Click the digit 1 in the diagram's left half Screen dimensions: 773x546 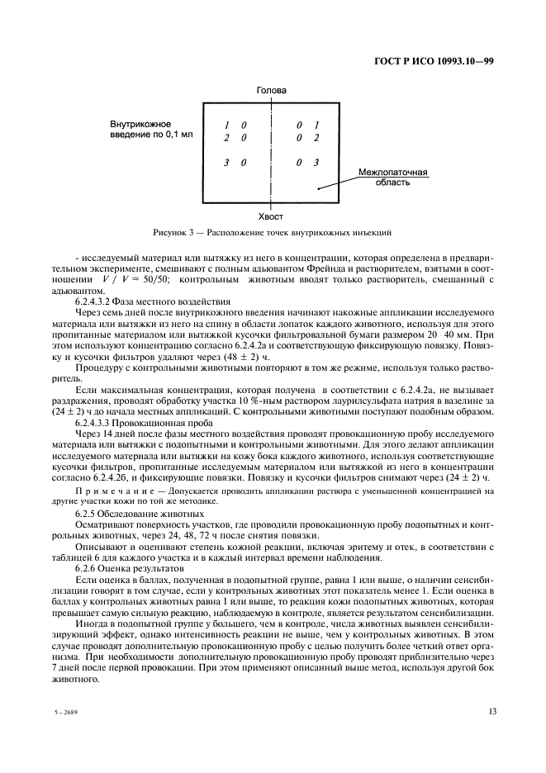[226, 126]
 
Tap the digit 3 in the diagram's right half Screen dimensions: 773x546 [316, 164]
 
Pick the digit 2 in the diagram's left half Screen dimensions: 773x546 [226, 138]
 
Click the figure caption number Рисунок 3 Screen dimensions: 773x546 [171, 233]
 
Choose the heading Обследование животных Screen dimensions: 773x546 [139, 513]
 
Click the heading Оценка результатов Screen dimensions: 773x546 [131, 568]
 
